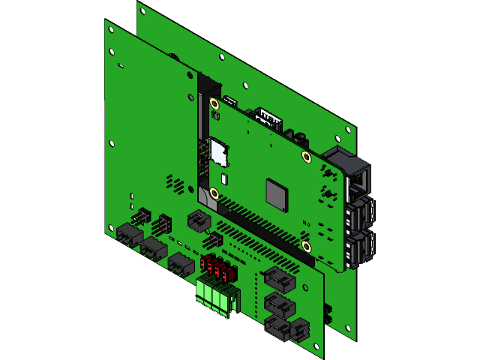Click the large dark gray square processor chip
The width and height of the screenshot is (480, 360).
click(x=276, y=194)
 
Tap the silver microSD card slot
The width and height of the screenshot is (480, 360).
click(x=218, y=151)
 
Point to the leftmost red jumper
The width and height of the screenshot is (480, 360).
click(x=205, y=264)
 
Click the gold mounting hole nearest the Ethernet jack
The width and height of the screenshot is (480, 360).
click(x=306, y=156)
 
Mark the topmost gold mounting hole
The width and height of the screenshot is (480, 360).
click(x=214, y=103)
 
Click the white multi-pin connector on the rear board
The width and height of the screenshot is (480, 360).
click(x=268, y=118)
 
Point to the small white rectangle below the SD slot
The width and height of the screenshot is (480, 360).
click(x=223, y=178)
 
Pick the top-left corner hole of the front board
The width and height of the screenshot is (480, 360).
click(x=111, y=31)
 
